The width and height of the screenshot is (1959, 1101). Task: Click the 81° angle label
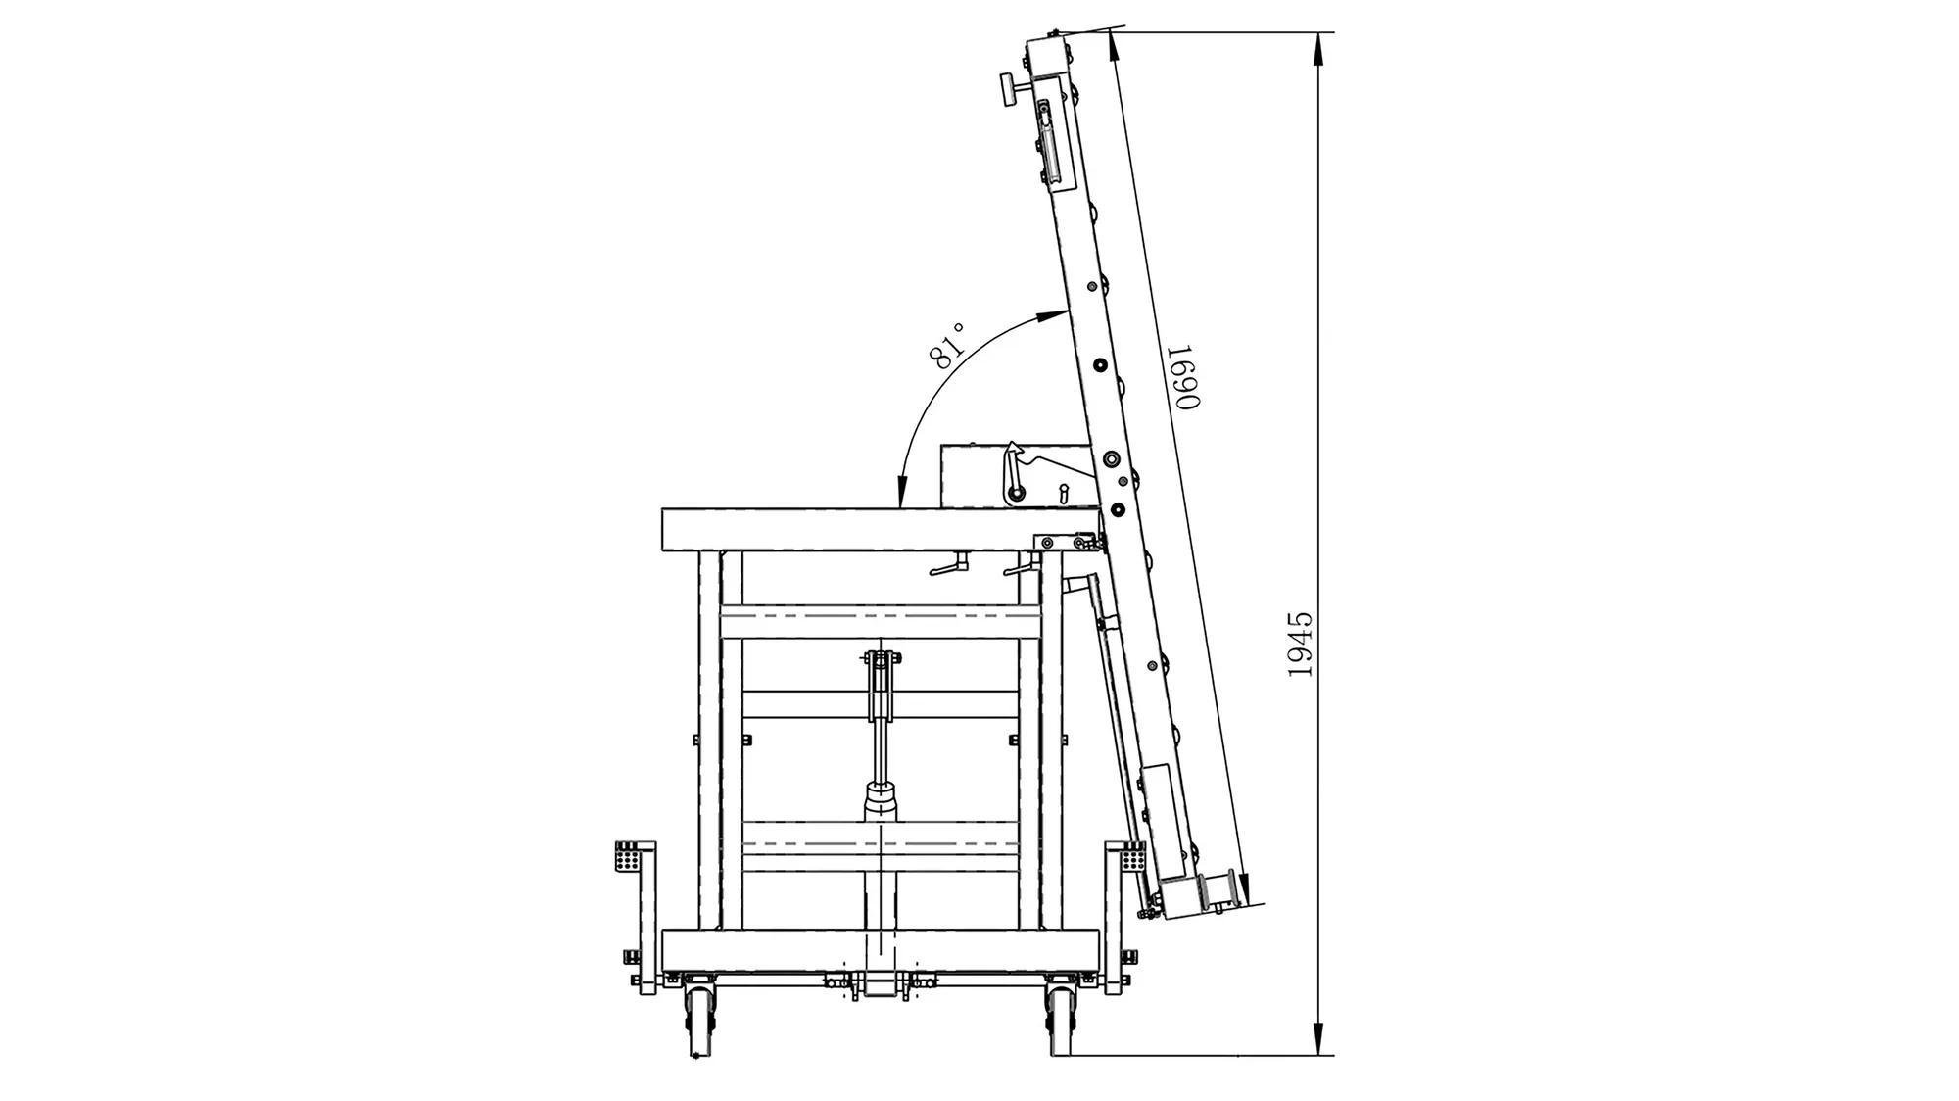(949, 346)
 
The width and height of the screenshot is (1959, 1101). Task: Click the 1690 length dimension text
(1184, 377)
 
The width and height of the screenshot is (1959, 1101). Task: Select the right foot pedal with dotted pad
(1133, 857)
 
